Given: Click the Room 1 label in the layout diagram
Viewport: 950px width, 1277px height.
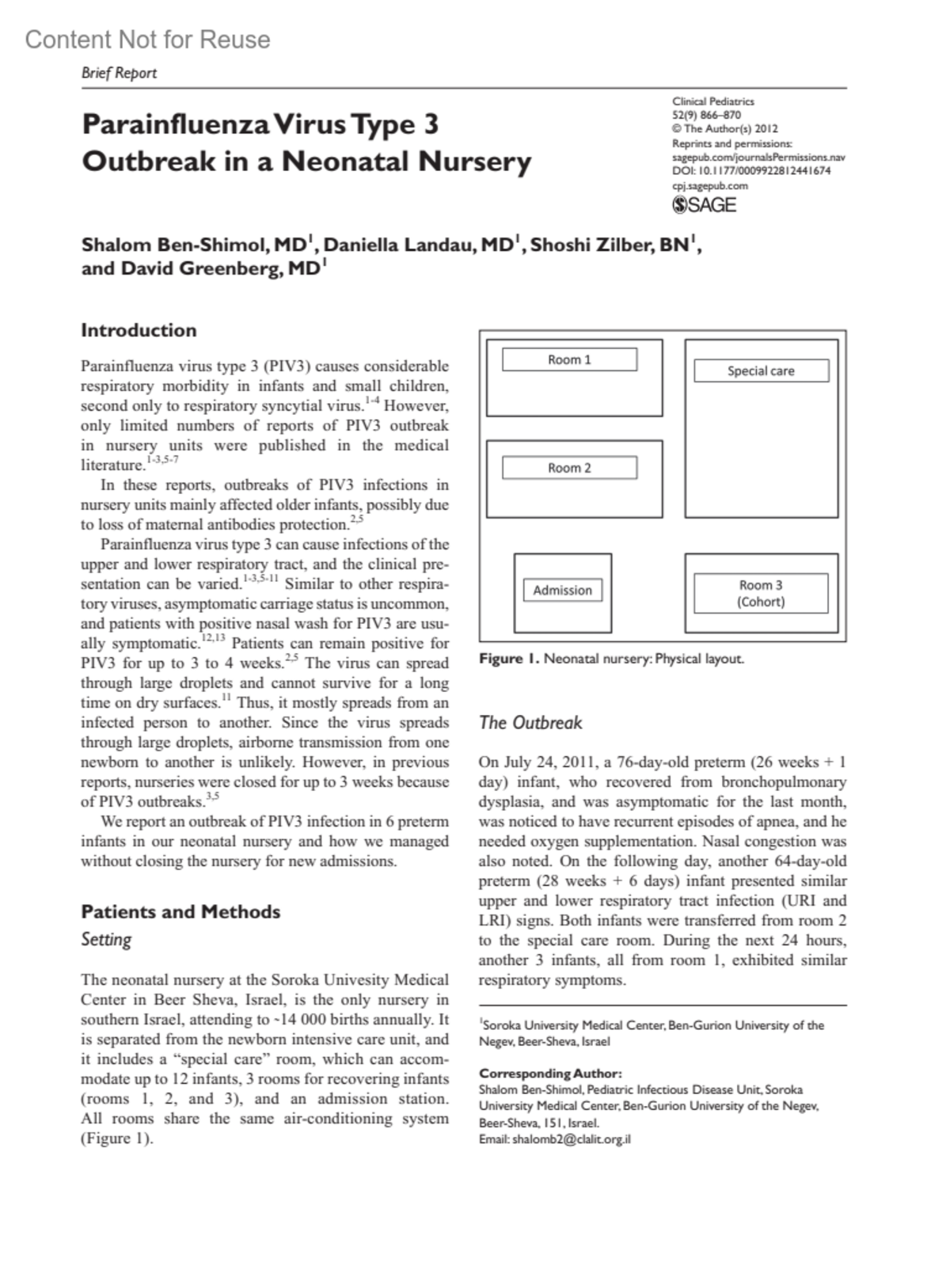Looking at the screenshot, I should (569, 359).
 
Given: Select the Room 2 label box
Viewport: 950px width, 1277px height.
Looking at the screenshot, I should (569, 468).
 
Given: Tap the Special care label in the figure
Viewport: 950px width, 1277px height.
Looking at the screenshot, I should (761, 371).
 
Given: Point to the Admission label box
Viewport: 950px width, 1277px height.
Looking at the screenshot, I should (562, 590).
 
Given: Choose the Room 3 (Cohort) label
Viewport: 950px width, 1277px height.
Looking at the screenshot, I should (761, 593).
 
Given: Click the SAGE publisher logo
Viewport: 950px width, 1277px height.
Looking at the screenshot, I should (704, 205).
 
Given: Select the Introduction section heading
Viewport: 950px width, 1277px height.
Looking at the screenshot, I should (139, 330).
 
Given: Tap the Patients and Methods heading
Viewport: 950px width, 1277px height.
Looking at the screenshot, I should (180, 911).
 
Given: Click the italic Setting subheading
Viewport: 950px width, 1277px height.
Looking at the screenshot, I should (106, 940).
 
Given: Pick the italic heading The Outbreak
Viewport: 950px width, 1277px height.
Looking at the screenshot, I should (530, 722).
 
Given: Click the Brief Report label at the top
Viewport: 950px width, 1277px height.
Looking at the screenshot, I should (119, 73).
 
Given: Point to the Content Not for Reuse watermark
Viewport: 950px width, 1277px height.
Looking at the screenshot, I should (147, 40).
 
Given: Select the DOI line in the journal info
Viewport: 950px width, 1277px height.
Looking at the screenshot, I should (751, 170).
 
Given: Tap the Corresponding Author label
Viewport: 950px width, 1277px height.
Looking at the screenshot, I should (550, 1074).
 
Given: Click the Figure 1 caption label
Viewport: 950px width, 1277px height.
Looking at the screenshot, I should (509, 659).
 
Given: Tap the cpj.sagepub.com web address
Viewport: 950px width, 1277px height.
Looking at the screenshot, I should (709, 186).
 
